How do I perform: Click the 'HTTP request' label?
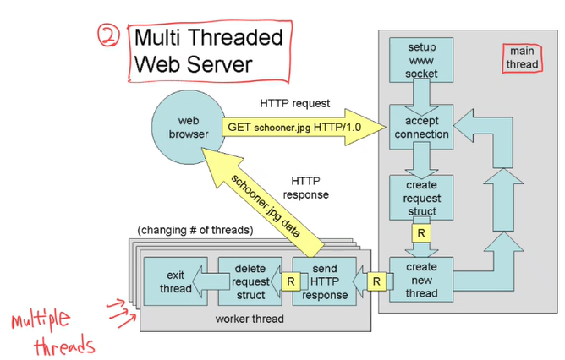pos(295,103)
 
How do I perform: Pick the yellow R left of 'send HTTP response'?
pos(290,280)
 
